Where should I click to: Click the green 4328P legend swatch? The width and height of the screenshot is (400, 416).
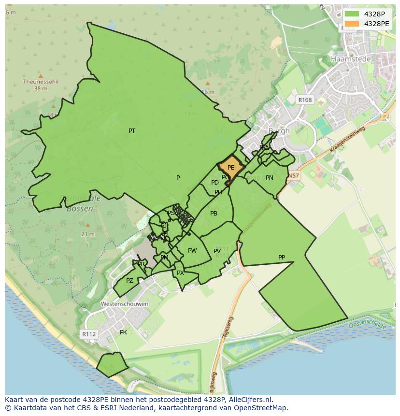352,14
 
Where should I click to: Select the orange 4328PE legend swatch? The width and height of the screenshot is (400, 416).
352,24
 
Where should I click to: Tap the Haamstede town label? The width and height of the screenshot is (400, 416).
351,59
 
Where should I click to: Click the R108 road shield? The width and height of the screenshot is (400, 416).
305,100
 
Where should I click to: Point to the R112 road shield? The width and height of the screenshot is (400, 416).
89,334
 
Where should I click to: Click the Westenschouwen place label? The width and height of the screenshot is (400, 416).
124,304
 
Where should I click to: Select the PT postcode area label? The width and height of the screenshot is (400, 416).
132,131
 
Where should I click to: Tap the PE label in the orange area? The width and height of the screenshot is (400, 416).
231,168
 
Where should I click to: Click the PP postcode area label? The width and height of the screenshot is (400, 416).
282,258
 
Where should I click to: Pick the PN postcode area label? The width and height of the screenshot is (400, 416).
270,178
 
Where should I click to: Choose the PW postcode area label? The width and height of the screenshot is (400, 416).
192,250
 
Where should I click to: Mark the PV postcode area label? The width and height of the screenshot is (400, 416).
217,251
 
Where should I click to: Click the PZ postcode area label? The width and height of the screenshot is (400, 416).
129,281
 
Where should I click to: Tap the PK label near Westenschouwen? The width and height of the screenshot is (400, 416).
123,332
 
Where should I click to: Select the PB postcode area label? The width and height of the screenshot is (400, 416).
214,214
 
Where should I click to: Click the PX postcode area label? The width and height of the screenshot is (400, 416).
180,273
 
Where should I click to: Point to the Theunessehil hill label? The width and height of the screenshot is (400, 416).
41,82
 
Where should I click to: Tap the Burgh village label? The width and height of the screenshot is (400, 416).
279,131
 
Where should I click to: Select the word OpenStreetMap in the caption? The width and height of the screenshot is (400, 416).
260,408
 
